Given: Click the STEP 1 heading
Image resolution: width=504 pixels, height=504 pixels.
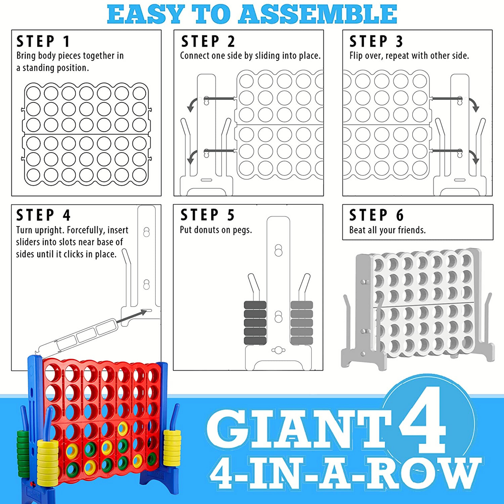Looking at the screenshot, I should [x=44, y=42].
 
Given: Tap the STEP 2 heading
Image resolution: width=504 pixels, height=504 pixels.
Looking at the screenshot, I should [x=208, y=42].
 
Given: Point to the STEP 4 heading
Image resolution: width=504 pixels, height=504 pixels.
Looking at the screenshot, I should [x=44, y=215].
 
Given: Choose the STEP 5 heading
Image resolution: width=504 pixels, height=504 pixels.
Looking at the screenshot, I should [x=208, y=215].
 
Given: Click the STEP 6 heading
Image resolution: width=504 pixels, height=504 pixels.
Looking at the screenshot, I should [x=376, y=215].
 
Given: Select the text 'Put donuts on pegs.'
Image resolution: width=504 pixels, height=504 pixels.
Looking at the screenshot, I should [x=216, y=230].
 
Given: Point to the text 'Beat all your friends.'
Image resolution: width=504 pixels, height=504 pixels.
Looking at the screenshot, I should [x=387, y=230].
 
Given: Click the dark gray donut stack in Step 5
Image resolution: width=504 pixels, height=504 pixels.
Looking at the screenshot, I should [x=255, y=323].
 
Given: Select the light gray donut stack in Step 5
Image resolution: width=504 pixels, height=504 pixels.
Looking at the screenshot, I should [x=302, y=323].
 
